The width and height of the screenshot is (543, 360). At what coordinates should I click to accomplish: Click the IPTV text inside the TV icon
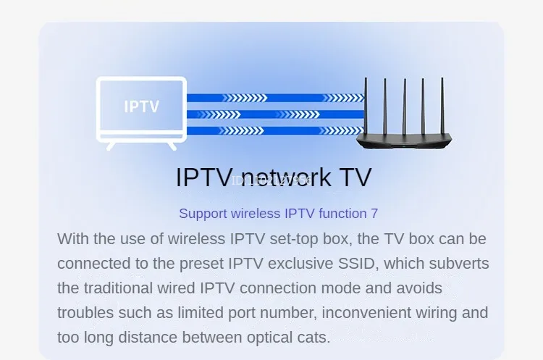(x=141, y=107)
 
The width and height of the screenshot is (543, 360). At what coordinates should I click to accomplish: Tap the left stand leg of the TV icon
(x=111, y=145)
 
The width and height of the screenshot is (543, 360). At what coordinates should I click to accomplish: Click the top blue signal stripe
(x=275, y=98)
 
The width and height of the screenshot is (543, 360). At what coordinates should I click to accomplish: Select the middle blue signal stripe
(x=275, y=114)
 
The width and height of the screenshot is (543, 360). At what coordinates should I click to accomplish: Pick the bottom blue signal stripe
(x=275, y=130)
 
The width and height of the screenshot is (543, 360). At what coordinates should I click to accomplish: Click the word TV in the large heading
(x=350, y=177)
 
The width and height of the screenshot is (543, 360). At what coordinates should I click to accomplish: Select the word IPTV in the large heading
(x=204, y=177)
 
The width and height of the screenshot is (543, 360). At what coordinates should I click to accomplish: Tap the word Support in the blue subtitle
(x=203, y=214)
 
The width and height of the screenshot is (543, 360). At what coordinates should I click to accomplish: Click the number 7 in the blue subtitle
(x=374, y=214)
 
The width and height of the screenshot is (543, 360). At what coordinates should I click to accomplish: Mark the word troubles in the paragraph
(x=85, y=313)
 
